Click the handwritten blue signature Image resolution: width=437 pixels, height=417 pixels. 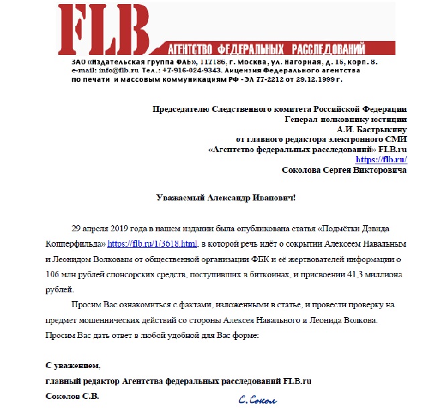pos(258,400)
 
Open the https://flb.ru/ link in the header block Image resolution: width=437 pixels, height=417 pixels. pos(381,159)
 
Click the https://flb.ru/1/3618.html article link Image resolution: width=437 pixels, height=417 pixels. pos(153,243)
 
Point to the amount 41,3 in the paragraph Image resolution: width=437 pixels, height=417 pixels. pos(363,274)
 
